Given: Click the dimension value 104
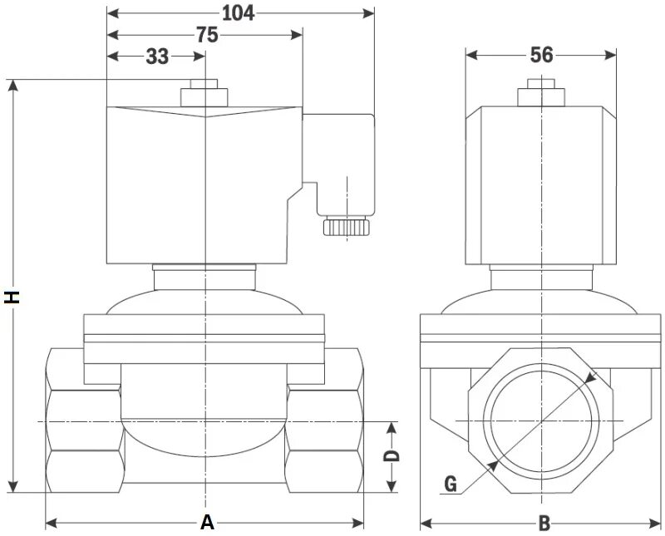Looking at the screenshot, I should click(x=239, y=12).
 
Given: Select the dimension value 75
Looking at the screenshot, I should click(x=206, y=35).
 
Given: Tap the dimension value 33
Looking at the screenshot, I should click(x=157, y=57).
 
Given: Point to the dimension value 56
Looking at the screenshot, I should click(x=541, y=55).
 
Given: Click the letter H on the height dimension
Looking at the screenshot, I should click(x=12, y=297).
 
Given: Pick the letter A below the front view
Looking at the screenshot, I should click(x=207, y=523).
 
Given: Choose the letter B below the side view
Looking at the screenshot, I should click(x=544, y=524).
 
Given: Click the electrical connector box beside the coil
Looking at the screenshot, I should click(x=337, y=158).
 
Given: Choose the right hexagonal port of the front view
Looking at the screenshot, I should click(x=324, y=424).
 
